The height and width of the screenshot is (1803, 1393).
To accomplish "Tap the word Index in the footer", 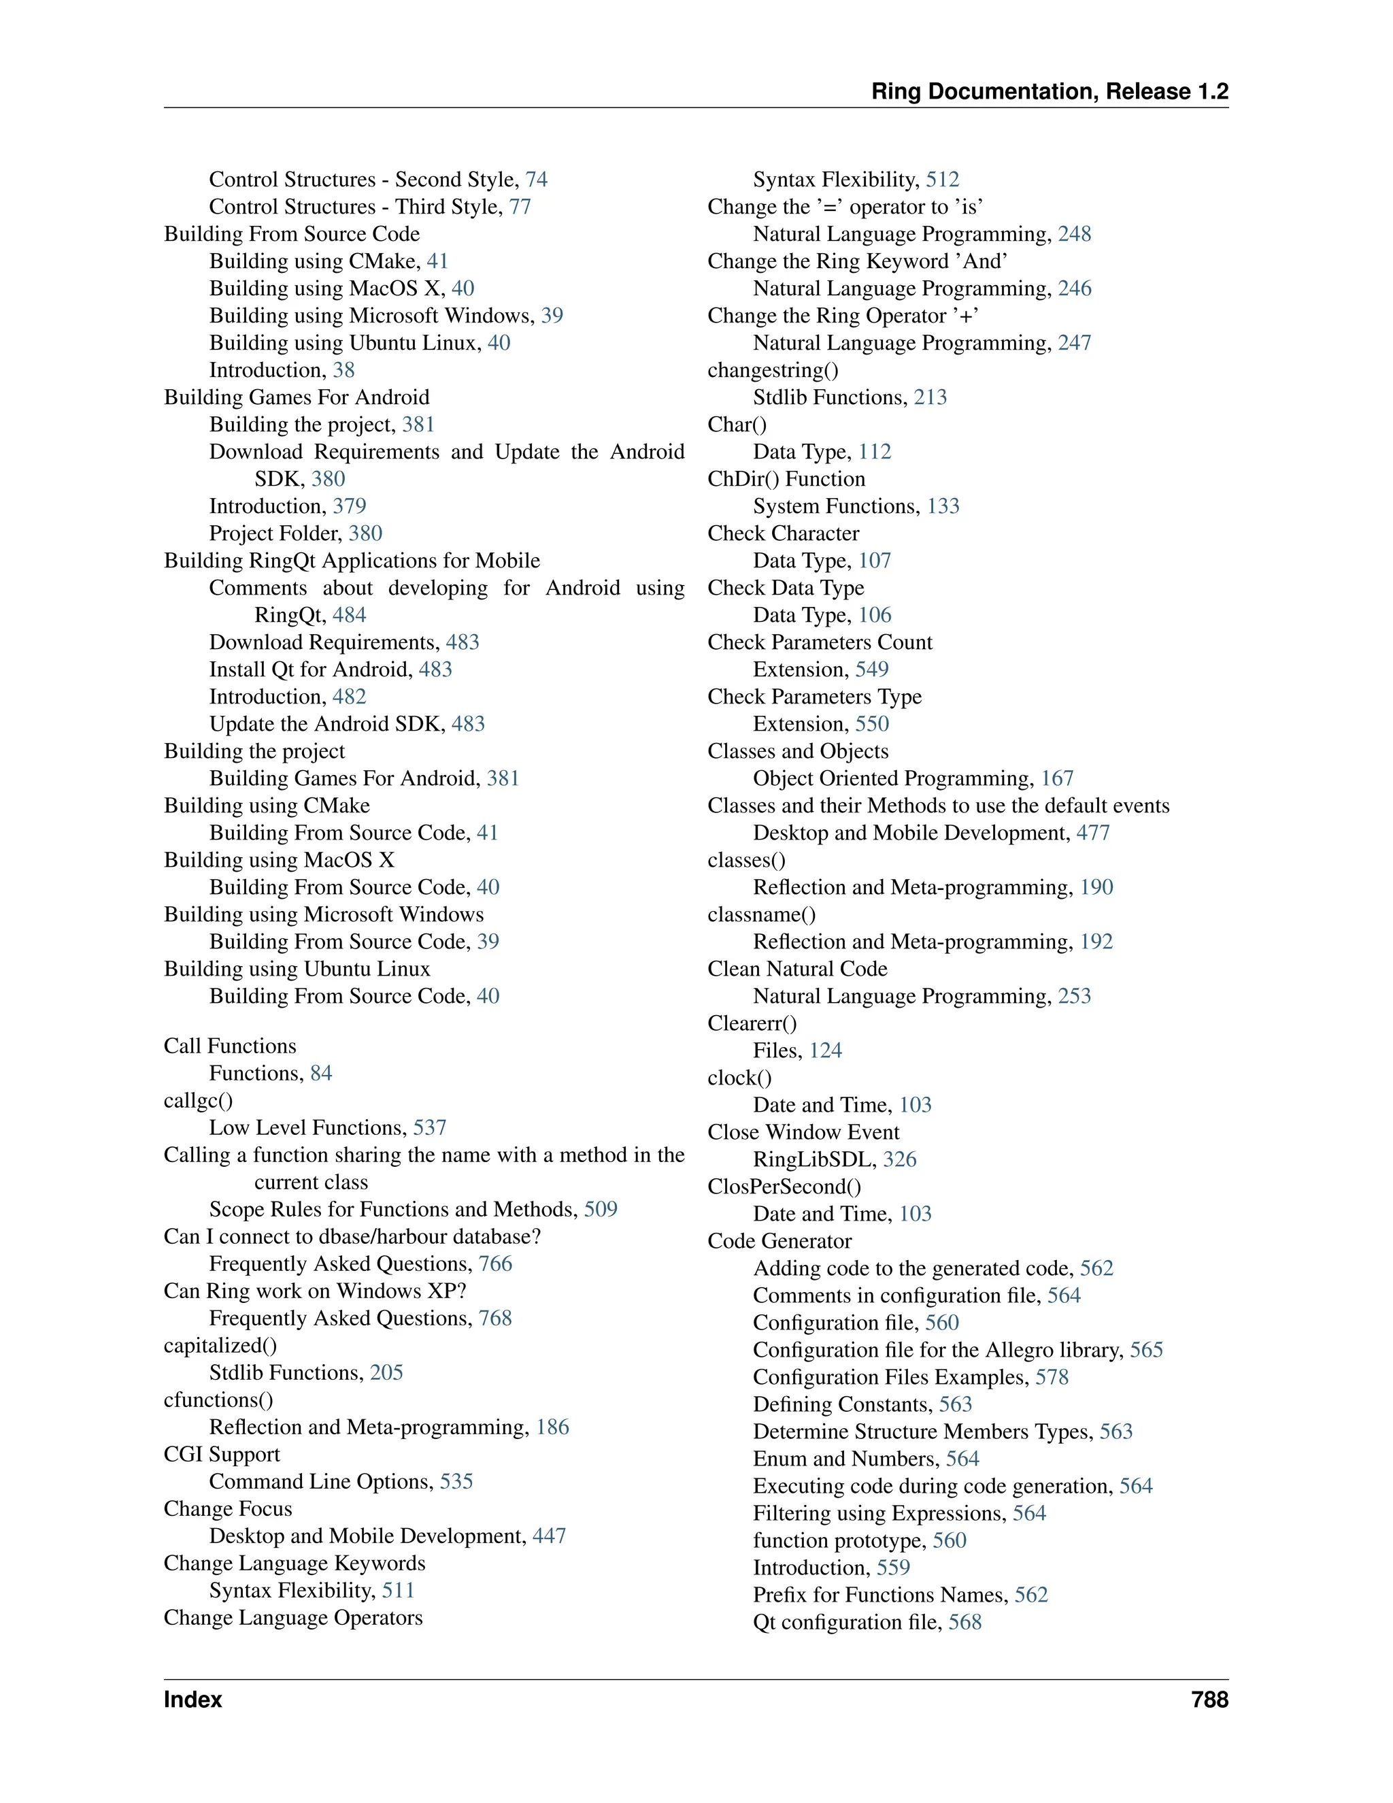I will click(x=192, y=1700).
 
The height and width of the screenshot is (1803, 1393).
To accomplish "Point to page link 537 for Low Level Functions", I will click(x=429, y=1127).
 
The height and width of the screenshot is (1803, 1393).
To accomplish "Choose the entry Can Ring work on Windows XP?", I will click(x=315, y=1291).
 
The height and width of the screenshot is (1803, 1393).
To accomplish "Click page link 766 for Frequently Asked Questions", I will click(x=495, y=1264).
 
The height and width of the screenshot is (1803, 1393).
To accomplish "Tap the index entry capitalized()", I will click(x=220, y=1346).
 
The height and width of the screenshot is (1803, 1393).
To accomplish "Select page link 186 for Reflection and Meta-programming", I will click(x=552, y=1427).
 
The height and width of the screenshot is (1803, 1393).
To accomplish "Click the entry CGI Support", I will click(x=221, y=1455).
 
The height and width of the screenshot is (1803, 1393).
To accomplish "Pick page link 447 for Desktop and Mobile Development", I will click(x=549, y=1536).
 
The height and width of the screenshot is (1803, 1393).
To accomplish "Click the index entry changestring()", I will click(x=773, y=370).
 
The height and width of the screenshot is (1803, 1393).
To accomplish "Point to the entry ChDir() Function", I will click(x=786, y=479).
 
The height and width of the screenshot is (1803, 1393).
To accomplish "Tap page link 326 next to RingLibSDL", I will click(x=899, y=1160).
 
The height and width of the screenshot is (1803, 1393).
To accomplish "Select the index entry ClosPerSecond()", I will click(x=784, y=1187).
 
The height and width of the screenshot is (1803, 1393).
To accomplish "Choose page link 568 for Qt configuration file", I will click(x=964, y=1622).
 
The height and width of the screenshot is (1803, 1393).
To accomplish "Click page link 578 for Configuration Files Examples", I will click(x=1052, y=1377).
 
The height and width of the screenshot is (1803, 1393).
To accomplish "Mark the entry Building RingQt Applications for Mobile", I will click(x=352, y=561).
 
